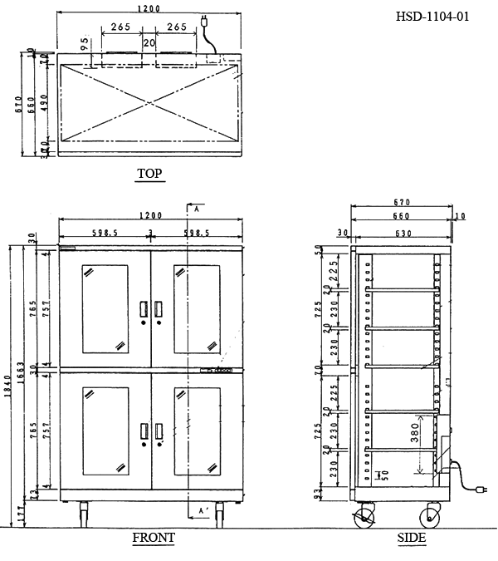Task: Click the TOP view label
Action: coord(149,174)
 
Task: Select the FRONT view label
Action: coord(154,538)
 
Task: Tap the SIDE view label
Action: coord(412,538)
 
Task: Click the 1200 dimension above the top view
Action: coord(149,14)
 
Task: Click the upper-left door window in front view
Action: coord(105,308)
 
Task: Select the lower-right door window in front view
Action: coord(196,431)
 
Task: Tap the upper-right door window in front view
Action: coord(196,308)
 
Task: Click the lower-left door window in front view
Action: coord(105,431)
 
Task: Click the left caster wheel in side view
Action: coord(364,518)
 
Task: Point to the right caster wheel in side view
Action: coord(432,518)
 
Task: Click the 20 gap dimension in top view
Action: coord(149,42)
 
